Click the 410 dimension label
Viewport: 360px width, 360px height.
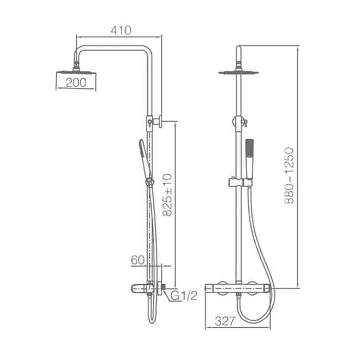[121, 31]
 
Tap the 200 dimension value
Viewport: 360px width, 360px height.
[76, 82]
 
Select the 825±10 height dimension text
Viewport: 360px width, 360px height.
[167, 195]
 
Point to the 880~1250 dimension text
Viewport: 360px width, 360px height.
[289, 176]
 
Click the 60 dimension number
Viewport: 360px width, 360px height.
[138, 260]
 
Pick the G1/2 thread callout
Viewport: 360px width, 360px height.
[184, 296]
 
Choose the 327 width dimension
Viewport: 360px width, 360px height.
[225, 321]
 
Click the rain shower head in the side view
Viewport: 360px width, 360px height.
[76, 71]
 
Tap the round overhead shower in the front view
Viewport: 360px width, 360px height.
[238, 73]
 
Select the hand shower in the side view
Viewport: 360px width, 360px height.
[145, 158]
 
